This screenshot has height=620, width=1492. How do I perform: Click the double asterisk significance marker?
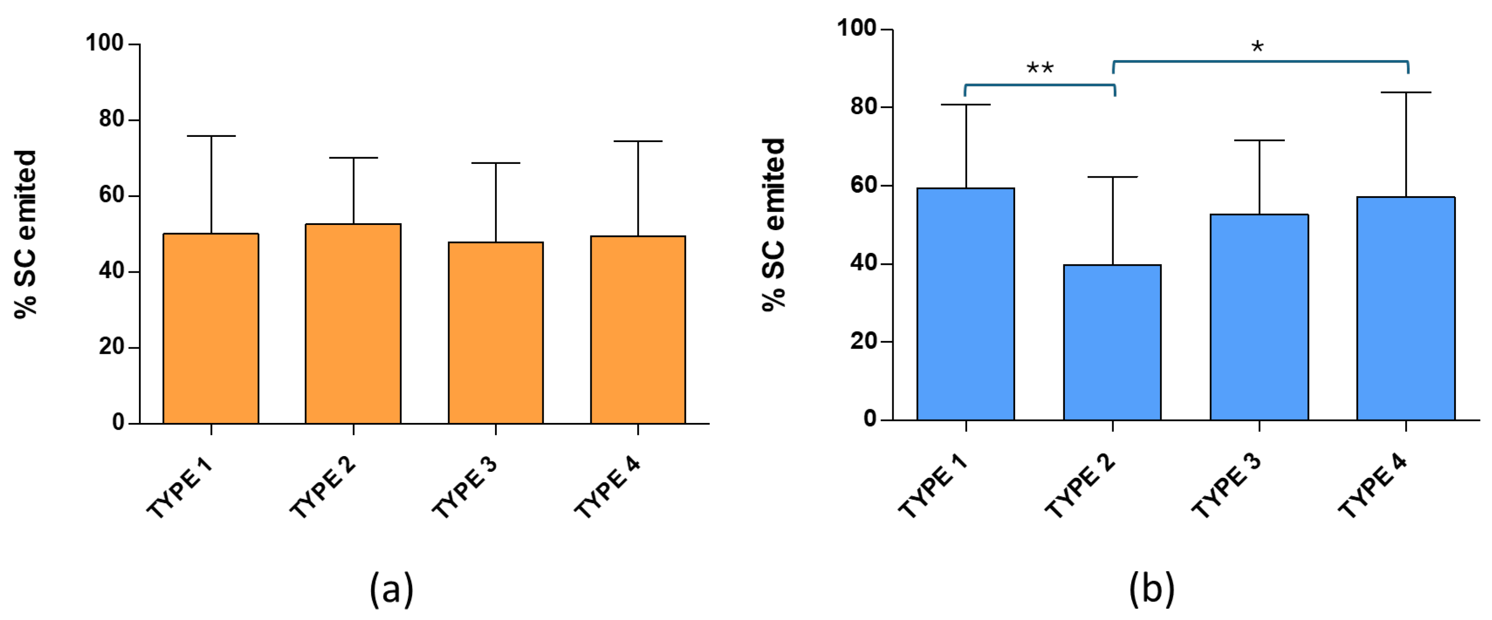coord(1040,68)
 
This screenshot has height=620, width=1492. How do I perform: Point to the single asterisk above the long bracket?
coord(1257,47)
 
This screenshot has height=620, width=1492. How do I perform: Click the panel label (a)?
coord(392,589)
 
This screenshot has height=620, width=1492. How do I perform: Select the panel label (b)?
coord(1152,589)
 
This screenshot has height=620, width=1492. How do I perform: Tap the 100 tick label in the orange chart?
coord(105,44)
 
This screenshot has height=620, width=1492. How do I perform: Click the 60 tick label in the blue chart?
coord(863,185)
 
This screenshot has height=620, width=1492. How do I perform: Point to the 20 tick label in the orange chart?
coord(111,347)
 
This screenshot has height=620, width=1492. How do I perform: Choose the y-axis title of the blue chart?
coord(774,225)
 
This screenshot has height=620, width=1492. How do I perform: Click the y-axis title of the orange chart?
coord(26,234)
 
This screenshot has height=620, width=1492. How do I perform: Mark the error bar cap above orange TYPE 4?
coord(638,141)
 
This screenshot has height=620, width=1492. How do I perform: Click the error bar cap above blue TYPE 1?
coord(966,105)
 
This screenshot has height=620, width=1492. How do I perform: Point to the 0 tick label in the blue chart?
coord(870,419)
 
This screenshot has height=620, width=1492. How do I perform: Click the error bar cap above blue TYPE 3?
coord(1259,141)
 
